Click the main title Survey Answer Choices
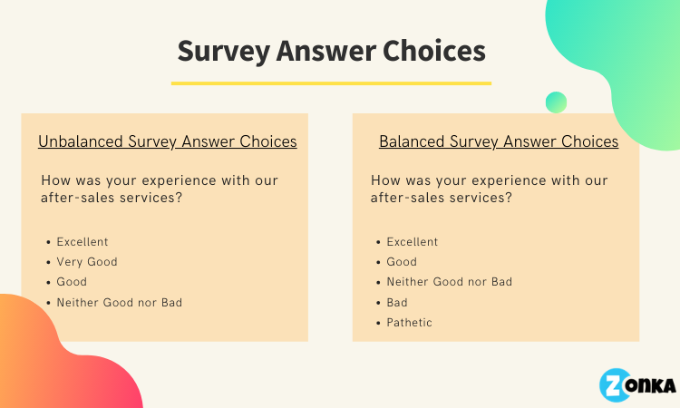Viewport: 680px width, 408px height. tap(331, 52)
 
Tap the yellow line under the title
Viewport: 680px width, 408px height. tap(331, 83)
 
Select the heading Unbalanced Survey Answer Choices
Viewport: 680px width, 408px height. tap(168, 141)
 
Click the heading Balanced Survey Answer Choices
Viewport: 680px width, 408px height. tap(499, 141)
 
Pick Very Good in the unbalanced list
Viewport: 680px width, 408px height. tap(87, 262)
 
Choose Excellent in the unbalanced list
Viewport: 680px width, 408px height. tap(83, 241)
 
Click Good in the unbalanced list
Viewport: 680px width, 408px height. tap(72, 282)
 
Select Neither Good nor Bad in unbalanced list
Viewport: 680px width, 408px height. tap(120, 302)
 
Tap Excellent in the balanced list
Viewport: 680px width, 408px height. tap(413, 241)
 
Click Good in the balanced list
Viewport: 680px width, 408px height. tap(402, 262)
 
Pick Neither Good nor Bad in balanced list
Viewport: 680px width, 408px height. tap(450, 282)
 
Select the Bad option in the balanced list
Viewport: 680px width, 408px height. tap(397, 302)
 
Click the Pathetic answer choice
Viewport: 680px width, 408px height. tap(410, 323)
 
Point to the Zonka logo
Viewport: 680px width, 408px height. tap(637, 385)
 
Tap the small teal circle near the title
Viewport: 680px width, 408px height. tap(556, 102)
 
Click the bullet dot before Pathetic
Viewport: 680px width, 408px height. tap(378, 323)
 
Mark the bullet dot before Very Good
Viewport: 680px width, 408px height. tap(48, 262)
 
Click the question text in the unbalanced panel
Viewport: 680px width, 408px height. tap(160, 189)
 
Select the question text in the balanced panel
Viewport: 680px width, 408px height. tap(490, 189)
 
